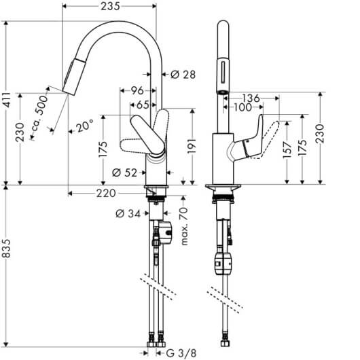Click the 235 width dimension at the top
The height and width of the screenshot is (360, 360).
click(111, 6)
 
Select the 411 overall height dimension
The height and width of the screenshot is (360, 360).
click(7, 100)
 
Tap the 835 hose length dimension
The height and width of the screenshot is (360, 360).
click(7, 248)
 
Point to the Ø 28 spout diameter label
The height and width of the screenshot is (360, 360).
click(183, 75)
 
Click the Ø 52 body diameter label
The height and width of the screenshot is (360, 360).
click(124, 173)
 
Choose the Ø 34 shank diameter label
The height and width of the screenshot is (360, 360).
click(128, 214)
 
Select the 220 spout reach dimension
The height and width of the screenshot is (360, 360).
click(106, 194)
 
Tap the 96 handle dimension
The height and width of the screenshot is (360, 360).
click(137, 91)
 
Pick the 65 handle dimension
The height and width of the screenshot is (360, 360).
click(143, 105)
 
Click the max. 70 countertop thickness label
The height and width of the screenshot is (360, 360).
click(184, 226)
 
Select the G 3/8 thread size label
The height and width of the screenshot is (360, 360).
click(181, 353)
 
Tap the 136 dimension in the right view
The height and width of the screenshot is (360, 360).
click(251, 98)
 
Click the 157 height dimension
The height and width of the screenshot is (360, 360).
click(287, 150)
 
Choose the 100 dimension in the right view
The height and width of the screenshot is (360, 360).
click(243, 107)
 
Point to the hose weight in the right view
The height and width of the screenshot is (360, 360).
click(223, 263)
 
